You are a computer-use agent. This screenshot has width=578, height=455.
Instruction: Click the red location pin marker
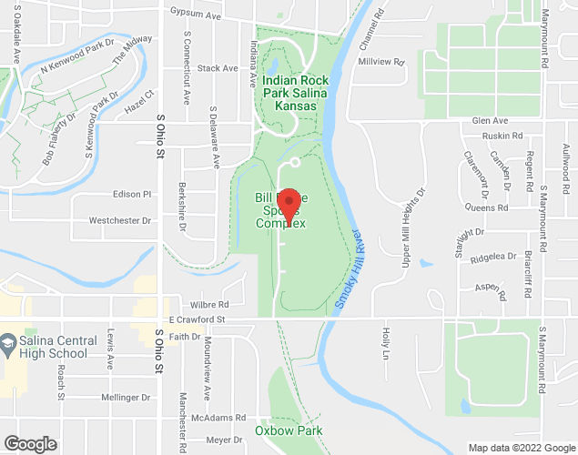pyautogui.click(x=289, y=202)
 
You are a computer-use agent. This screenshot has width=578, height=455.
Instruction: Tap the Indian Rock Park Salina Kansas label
pyautogui.click(x=289, y=93)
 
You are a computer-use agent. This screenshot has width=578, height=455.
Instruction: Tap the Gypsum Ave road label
pyautogui.click(x=197, y=12)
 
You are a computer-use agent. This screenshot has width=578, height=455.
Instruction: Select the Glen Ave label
pyautogui.click(x=490, y=121)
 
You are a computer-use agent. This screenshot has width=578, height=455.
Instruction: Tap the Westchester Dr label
pyautogui.click(x=119, y=220)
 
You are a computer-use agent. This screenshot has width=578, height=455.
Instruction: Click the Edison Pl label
pyautogui.click(x=132, y=194)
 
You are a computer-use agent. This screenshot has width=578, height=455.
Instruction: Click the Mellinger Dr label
pyautogui.click(x=127, y=398)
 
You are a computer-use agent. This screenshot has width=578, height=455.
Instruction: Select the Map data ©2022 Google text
pyautogui.click(x=522, y=448)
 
